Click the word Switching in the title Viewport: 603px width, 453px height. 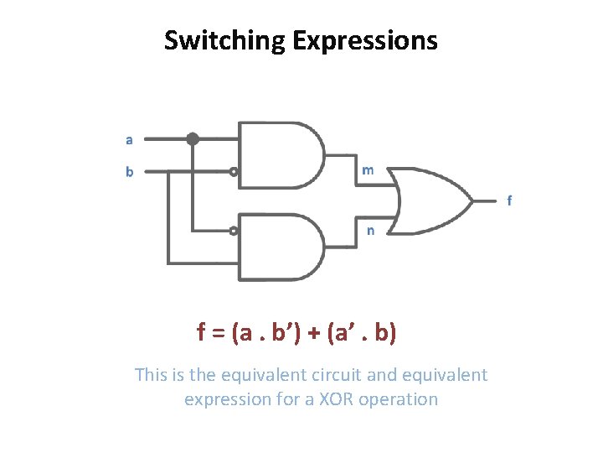[225, 40]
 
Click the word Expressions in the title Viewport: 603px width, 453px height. [364, 40]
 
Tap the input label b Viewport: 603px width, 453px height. [129, 172]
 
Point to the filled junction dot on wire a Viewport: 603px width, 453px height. [193, 138]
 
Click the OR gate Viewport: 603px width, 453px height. [431, 200]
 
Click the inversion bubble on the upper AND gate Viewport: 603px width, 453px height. [234, 172]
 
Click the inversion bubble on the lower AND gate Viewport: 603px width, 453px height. [234, 230]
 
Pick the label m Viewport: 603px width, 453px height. [368, 170]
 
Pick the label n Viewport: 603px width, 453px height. [370, 230]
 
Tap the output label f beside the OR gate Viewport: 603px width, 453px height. [510, 200]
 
